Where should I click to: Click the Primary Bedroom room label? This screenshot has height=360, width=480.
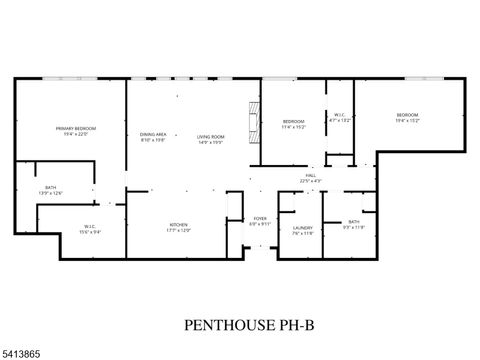pos(75,128)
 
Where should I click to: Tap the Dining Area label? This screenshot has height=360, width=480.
pos(152,135)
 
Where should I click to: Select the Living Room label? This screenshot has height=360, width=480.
pos(209,135)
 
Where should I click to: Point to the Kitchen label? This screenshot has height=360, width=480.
pos(178,225)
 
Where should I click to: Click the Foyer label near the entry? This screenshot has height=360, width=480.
pos(259,217)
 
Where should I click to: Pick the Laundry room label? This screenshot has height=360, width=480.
pos(302,228)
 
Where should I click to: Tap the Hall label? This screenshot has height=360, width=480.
pos(311,175)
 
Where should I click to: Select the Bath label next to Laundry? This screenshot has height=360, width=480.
pos(354,221)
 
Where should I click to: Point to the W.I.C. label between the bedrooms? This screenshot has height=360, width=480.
pos(339,114)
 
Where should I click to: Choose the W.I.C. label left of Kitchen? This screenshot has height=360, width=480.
pos(89,225)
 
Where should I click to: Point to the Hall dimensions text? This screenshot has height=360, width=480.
pos(311,181)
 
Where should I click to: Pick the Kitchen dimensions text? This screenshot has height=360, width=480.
pos(178,230)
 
